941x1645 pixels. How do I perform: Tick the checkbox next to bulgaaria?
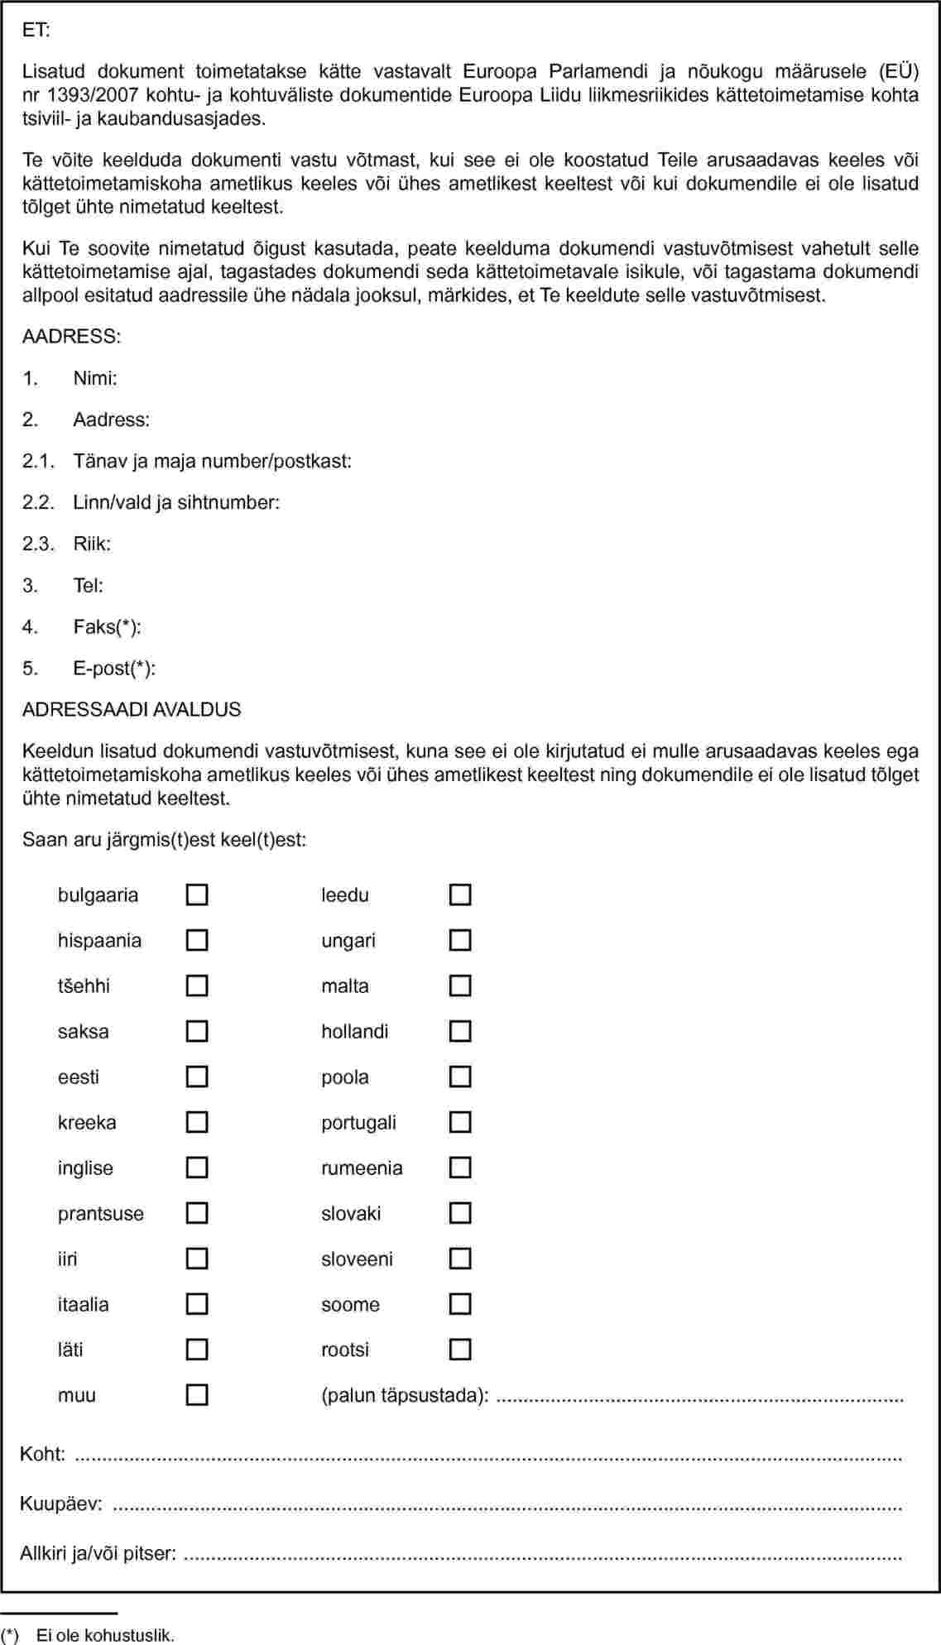197,895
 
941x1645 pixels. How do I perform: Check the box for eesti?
197,1077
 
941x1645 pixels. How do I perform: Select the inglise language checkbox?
197,1168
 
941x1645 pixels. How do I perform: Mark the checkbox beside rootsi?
460,1350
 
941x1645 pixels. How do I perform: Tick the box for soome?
460,1305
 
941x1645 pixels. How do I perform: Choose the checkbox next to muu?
197,1396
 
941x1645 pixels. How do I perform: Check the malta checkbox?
460,986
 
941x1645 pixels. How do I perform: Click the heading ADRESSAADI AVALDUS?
132,710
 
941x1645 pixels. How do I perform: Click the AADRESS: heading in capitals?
72,337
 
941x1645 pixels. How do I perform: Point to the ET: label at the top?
36,31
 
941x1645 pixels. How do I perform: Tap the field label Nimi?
95,379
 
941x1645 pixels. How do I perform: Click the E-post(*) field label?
114,669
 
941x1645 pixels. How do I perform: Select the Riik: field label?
92,544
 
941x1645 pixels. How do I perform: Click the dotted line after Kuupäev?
507,1505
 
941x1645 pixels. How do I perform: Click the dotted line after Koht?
488,1456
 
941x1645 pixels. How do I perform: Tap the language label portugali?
358,1123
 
